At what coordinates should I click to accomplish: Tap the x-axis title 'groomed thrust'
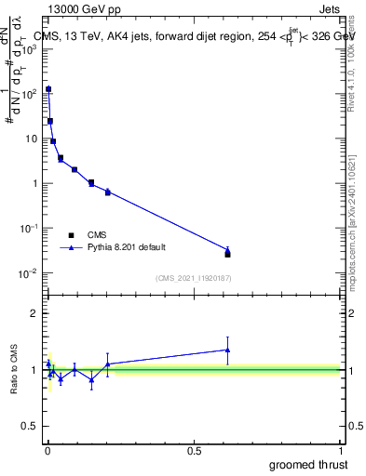pos(309,464)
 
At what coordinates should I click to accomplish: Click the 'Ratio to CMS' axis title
pos(15,369)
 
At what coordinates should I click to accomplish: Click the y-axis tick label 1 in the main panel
pos(33,183)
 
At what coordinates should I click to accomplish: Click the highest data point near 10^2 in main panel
pos(48,89)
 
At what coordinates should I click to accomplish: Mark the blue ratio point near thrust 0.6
pos(227,350)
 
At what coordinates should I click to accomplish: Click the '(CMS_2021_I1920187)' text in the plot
pos(192,278)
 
